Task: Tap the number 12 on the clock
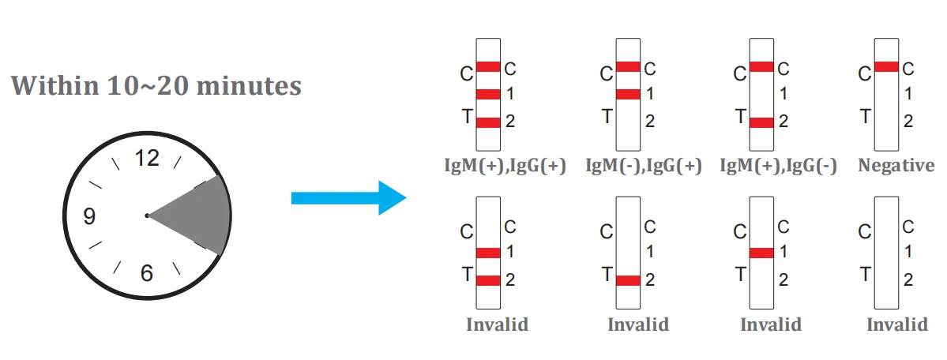click(x=147, y=159)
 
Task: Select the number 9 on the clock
click(x=89, y=216)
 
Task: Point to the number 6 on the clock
click(x=147, y=273)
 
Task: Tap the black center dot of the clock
click(x=147, y=215)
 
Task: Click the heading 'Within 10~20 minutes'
click(x=156, y=85)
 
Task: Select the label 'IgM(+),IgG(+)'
click(x=505, y=167)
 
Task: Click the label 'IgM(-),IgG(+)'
click(x=644, y=167)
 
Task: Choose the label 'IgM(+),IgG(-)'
click(x=779, y=167)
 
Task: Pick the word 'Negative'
click(x=896, y=166)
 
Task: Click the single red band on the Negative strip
click(x=886, y=67)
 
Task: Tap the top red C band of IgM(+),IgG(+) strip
click(x=489, y=67)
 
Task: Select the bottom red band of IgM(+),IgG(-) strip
click(x=761, y=122)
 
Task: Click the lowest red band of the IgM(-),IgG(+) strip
click(x=628, y=95)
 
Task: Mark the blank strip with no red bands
click(x=886, y=253)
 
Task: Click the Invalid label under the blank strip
click(x=896, y=324)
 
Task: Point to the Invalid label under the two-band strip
click(x=497, y=324)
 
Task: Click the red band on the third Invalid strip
click(x=761, y=253)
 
